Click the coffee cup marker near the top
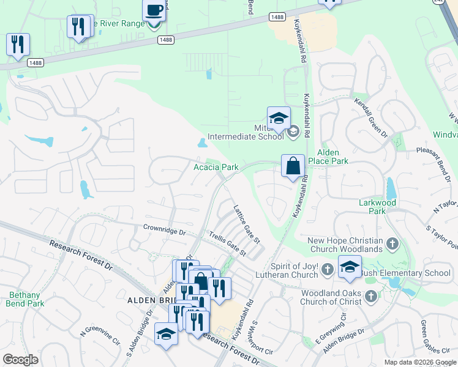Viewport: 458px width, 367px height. [x=154, y=12]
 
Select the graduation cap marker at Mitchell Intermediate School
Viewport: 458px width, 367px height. [x=279, y=118]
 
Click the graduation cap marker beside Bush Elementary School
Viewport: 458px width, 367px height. [x=350, y=267]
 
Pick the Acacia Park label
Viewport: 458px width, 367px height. [x=216, y=167]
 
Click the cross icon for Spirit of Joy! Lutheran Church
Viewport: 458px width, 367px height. [x=328, y=269]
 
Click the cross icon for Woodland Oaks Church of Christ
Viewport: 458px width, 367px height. [x=370, y=297]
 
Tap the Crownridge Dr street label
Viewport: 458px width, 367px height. [x=164, y=232]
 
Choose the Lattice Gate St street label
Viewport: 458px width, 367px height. [x=246, y=223]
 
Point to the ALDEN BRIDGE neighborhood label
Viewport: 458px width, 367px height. [x=151, y=300]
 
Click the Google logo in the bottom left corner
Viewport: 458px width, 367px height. [x=20, y=360]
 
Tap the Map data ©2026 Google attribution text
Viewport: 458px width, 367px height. [x=419, y=362]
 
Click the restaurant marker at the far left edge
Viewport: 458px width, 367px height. [x=18, y=45]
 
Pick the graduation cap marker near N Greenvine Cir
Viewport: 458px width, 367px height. [x=166, y=334]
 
